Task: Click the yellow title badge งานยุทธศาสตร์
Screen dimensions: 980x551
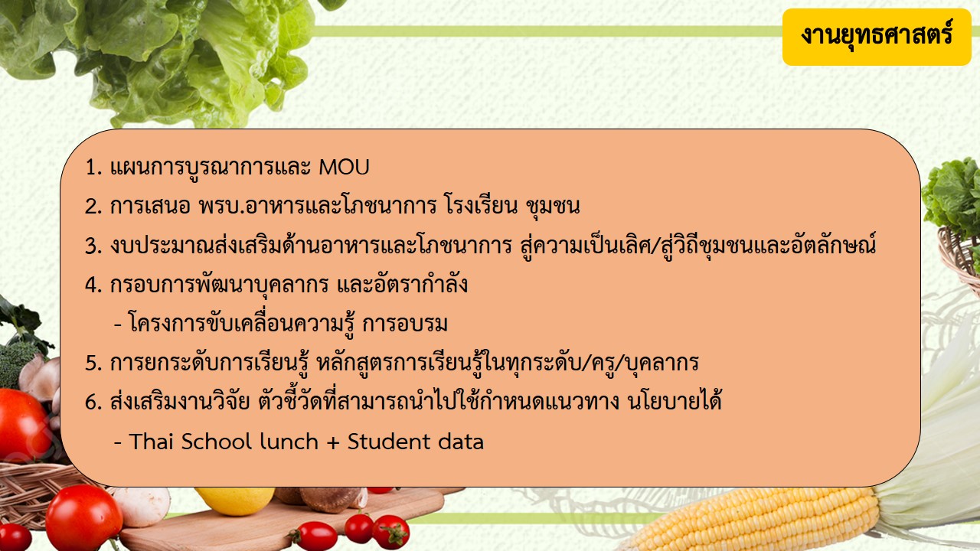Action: (x=877, y=37)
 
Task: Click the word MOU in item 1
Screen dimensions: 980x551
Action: (x=345, y=168)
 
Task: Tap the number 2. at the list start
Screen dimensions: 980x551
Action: (x=93, y=207)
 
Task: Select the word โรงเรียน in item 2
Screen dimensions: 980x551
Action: (x=480, y=204)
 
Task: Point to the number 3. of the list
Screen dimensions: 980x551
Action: (x=93, y=246)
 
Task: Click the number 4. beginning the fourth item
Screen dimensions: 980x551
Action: (x=93, y=285)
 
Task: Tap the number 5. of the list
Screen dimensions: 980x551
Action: (x=93, y=364)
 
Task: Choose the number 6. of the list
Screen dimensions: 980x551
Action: (x=93, y=403)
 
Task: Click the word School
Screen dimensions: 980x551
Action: (x=216, y=442)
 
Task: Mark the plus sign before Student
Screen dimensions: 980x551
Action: (x=333, y=442)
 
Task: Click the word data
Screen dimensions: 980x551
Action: (x=461, y=442)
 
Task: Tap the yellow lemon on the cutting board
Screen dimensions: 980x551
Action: (x=235, y=500)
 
